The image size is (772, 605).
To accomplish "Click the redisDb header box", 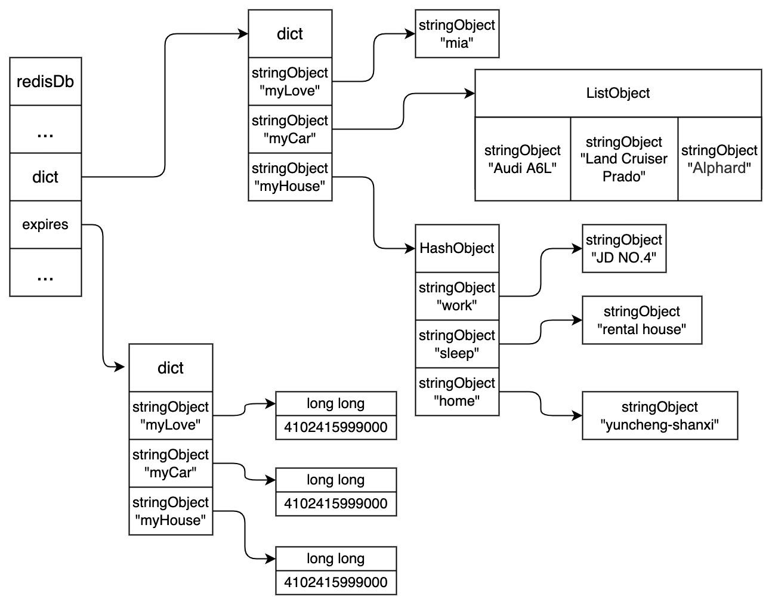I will click(x=45, y=82).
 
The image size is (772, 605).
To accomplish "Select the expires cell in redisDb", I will click(x=45, y=224).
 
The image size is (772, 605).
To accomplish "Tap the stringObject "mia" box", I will click(x=457, y=34).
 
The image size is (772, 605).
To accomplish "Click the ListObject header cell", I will click(x=618, y=93).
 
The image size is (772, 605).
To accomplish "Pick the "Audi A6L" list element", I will click(x=523, y=159).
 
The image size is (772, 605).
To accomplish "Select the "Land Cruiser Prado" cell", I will click(x=624, y=159).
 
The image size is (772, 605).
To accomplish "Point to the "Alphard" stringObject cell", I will click(x=719, y=159).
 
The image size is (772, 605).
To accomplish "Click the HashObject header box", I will click(x=457, y=248).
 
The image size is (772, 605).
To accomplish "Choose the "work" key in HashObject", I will click(x=457, y=296).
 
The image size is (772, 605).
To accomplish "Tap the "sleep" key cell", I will click(x=457, y=344).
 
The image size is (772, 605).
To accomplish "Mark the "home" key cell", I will click(x=457, y=391).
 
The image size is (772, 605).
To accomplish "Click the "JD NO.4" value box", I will click(x=624, y=248).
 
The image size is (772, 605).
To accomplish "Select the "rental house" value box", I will click(x=642, y=320).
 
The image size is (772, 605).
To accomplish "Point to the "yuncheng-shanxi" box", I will click(x=660, y=415).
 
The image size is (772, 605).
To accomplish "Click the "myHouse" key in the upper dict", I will click(x=290, y=177).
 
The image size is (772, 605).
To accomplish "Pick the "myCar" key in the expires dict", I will click(x=171, y=463).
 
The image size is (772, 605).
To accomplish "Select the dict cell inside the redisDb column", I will click(x=45, y=177).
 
